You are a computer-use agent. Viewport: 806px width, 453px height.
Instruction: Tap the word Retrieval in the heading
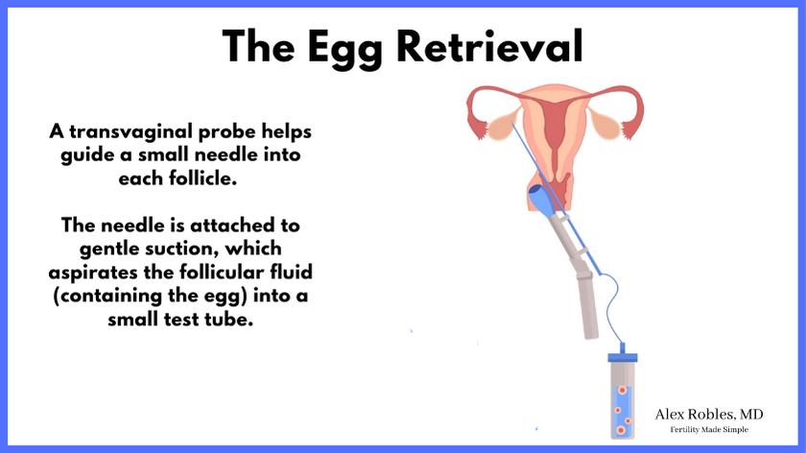pos(490,46)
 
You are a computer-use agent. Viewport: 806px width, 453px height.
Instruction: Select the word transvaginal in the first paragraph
pos(131,131)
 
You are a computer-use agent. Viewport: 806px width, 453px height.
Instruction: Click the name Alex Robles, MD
pos(709,415)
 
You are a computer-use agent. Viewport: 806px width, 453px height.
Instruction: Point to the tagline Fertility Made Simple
pos(709,429)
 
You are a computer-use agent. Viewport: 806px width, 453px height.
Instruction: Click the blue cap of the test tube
pos(623,357)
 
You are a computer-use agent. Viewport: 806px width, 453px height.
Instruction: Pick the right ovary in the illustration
pos(605,124)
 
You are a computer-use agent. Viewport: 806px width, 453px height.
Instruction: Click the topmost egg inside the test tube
pos(622,391)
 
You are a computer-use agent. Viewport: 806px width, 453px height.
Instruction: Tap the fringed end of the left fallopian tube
pos(478,130)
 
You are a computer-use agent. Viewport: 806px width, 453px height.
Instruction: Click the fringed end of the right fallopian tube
pos(629,131)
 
